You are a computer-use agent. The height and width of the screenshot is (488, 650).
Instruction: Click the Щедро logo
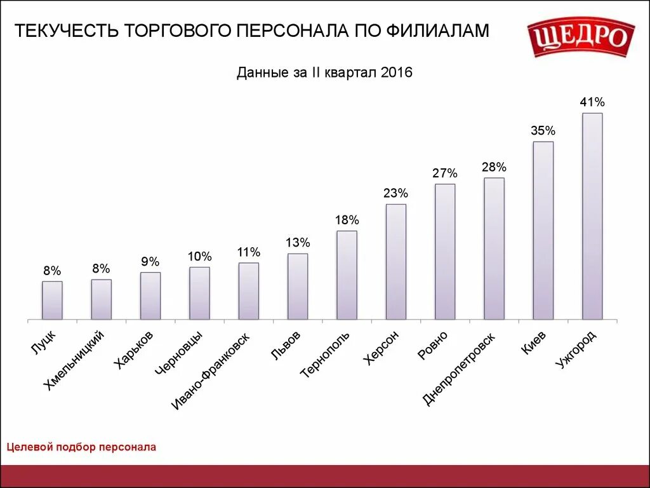point(581,37)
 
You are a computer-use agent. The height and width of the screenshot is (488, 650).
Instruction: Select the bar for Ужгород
point(592,216)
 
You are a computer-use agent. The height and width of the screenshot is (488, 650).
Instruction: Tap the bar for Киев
point(543,230)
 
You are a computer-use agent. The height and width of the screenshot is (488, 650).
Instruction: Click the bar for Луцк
point(52,300)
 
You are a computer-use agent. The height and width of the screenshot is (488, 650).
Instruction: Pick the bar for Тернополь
point(347,274)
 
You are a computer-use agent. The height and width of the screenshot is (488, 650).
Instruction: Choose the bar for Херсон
point(395,261)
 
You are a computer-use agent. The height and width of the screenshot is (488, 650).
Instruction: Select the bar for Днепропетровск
point(494,248)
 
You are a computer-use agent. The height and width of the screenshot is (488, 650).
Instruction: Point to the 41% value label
point(592,102)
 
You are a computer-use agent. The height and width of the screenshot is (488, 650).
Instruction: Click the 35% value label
point(543,131)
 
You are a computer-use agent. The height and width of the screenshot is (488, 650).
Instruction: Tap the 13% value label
point(297,243)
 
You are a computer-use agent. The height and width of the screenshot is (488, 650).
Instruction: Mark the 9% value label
point(150,262)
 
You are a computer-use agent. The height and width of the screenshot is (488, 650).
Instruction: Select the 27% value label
point(445,173)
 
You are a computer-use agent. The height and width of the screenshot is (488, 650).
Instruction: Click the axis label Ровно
point(434,346)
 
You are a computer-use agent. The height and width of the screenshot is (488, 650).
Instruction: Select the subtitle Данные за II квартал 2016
point(324,73)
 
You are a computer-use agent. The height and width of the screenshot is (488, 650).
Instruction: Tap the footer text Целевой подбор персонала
point(81,447)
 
